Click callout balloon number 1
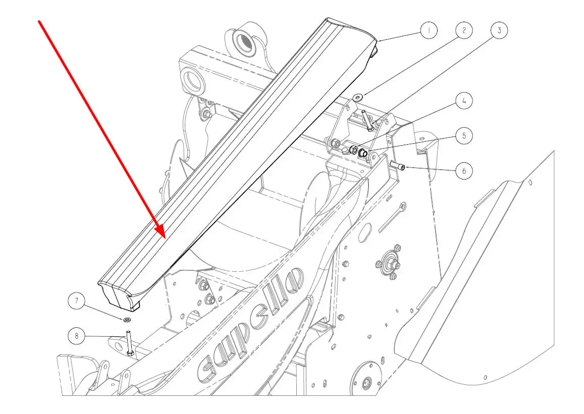point(429,31)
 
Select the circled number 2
point(464,30)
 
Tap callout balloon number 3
point(499,30)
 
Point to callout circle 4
point(464,101)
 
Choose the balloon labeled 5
point(464,135)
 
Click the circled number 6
point(464,170)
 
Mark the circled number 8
point(77,335)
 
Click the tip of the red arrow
point(165,236)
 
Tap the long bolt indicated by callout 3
point(366,120)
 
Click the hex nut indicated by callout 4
point(354,150)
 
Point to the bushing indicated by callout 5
point(363,150)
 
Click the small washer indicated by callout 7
point(127,319)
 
